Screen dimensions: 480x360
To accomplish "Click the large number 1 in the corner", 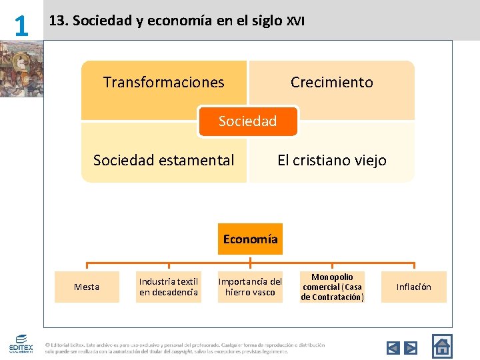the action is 21,26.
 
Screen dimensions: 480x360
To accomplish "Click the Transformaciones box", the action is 164,83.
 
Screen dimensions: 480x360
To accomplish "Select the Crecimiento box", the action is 331,83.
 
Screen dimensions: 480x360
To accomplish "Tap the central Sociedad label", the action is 247,121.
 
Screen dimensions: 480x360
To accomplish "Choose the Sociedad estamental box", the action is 164,160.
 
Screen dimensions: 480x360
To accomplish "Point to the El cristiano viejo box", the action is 331,160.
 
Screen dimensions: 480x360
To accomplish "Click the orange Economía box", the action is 251,239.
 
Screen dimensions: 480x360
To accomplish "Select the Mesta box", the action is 87,287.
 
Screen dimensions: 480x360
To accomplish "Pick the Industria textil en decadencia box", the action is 169,287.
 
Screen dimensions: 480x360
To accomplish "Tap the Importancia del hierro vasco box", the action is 251,287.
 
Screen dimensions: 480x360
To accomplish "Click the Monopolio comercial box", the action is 332,287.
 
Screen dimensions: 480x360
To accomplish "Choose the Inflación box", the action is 414,287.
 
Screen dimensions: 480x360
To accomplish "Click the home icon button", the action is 442,346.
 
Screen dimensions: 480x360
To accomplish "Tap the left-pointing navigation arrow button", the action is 393,347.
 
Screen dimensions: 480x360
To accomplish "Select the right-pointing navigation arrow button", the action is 411,347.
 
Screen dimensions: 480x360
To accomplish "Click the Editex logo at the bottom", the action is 21,344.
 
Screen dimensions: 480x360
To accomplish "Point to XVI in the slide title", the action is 295,21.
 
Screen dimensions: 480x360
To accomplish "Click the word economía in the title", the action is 181,21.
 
